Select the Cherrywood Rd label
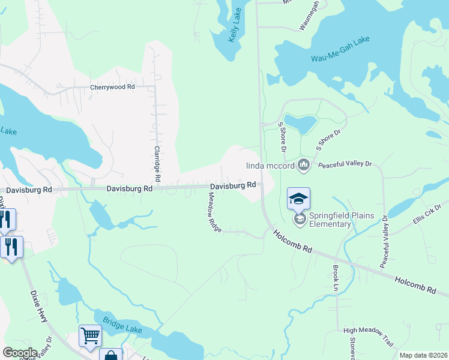pyautogui.click(x=112, y=87)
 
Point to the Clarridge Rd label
pyautogui.click(x=157, y=164)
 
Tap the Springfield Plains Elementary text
pyautogui.click(x=330, y=220)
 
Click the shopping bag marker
pyautogui.click(x=110, y=355)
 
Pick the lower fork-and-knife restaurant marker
pyautogui.click(x=11, y=247)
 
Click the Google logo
pyautogui.click(x=20, y=353)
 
